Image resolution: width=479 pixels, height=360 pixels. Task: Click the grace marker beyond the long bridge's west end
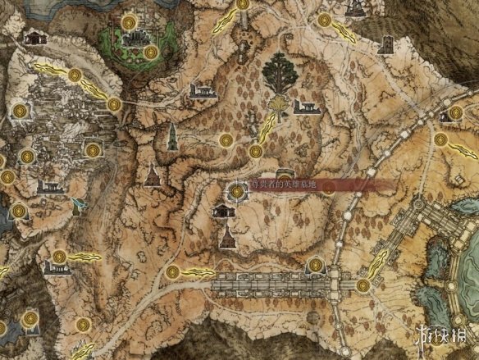(172, 272)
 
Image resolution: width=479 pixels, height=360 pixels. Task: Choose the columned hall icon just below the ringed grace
(221, 212)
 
